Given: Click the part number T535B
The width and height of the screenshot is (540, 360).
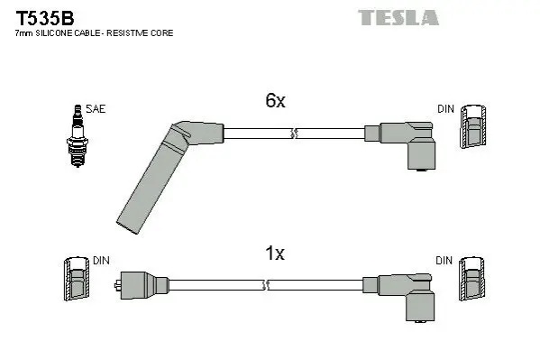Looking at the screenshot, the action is [45, 18].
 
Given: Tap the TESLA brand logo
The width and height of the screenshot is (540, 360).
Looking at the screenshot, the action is [398, 17].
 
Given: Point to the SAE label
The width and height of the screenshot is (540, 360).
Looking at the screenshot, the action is [96, 109].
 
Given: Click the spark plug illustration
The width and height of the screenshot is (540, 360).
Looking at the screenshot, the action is [78, 136].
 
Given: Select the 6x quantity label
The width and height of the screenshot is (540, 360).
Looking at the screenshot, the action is [275, 100].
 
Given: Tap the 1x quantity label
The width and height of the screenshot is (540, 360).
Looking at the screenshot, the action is [275, 254].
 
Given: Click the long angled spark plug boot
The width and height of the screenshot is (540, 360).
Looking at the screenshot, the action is [162, 172].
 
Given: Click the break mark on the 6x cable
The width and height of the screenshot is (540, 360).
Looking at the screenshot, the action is [294, 134].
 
